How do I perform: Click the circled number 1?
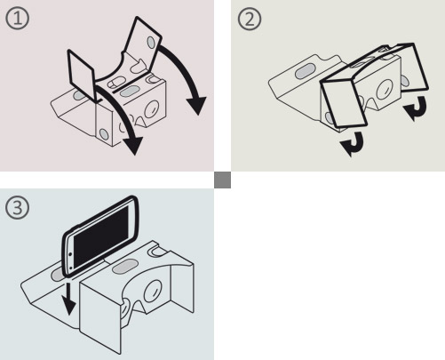18,18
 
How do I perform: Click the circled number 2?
250,19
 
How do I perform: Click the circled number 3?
18,207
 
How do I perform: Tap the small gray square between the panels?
222,180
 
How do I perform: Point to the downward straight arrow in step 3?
69,299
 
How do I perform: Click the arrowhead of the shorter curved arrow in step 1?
133,146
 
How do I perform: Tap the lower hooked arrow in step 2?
353,144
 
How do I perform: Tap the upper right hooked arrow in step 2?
416,108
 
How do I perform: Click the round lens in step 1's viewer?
152,109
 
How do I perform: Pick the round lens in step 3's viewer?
153,291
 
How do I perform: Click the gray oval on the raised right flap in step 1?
151,43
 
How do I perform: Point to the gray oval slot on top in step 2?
305,71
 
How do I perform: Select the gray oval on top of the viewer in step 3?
125,267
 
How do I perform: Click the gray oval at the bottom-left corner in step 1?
104,134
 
